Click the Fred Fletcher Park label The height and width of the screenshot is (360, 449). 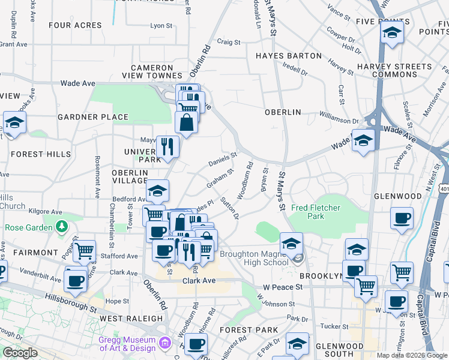(316, 212)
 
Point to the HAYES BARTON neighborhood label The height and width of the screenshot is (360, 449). (288, 56)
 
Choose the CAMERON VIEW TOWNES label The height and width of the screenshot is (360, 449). (156, 71)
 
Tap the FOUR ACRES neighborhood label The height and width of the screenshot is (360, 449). (75, 25)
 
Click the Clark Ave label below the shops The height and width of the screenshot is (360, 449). (199, 280)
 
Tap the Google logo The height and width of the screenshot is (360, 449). (20, 353)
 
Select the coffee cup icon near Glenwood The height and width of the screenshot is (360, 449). (401, 218)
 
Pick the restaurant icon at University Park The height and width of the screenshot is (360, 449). (167, 146)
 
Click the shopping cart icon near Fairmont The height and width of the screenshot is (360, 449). (85, 251)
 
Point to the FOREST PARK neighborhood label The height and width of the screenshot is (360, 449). (249, 330)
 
